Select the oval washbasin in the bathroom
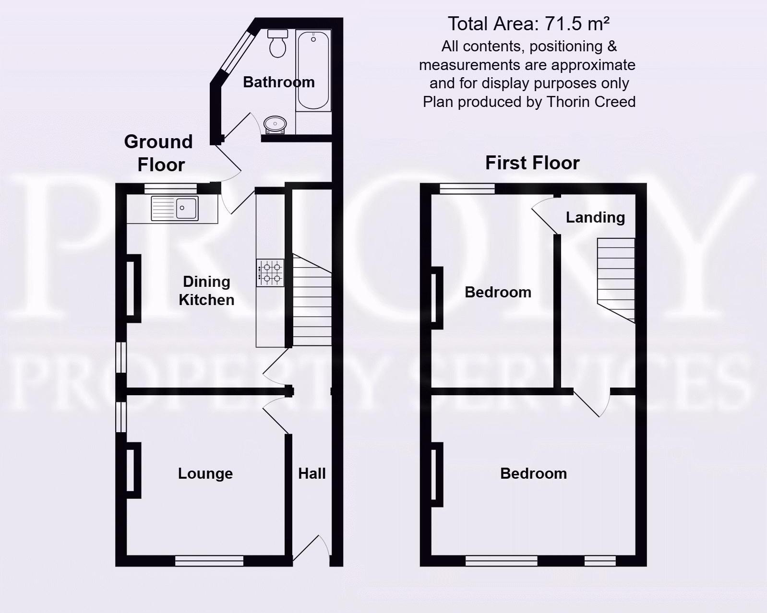point(276,124)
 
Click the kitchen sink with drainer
point(174,208)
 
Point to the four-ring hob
point(270,272)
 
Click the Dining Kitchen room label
point(206,291)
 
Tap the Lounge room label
point(205,473)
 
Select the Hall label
point(312,473)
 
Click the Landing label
point(595,217)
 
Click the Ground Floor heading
point(159,153)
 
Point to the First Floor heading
point(532,163)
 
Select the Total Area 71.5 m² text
point(528,24)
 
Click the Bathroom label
point(278,82)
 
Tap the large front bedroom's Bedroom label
point(533,473)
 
